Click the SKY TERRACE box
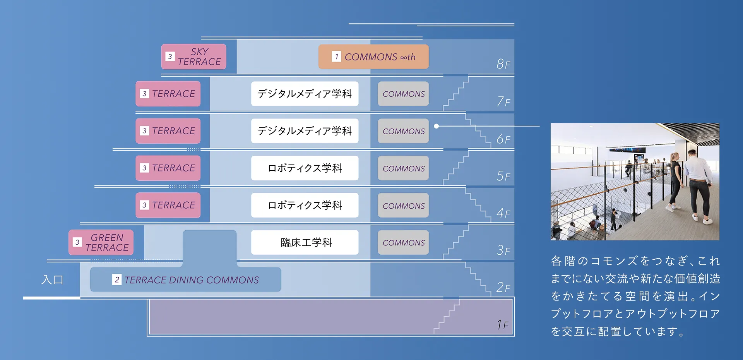pyautogui.click(x=193, y=57)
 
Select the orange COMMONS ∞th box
pyautogui.click(x=373, y=57)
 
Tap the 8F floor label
pyautogui.click(x=503, y=64)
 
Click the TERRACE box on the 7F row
pyautogui.click(x=168, y=94)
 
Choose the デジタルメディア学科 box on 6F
pyautogui.click(x=305, y=131)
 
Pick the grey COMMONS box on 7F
pyautogui.click(x=403, y=94)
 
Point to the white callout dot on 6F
pyautogui.click(x=437, y=126)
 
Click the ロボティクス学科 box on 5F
pyautogui.click(x=305, y=168)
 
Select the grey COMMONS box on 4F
pyautogui.click(x=403, y=206)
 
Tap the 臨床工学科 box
pyautogui.click(x=305, y=242)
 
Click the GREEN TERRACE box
pyautogui.click(x=101, y=242)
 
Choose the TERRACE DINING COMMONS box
pyautogui.click(x=185, y=279)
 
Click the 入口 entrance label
pyautogui.click(x=52, y=279)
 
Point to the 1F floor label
pyautogui.click(x=502, y=324)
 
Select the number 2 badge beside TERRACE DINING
pyautogui.click(x=117, y=279)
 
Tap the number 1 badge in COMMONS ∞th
pyautogui.click(x=336, y=57)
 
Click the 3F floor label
pyautogui.click(x=503, y=250)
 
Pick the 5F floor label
pyautogui.click(x=503, y=176)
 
